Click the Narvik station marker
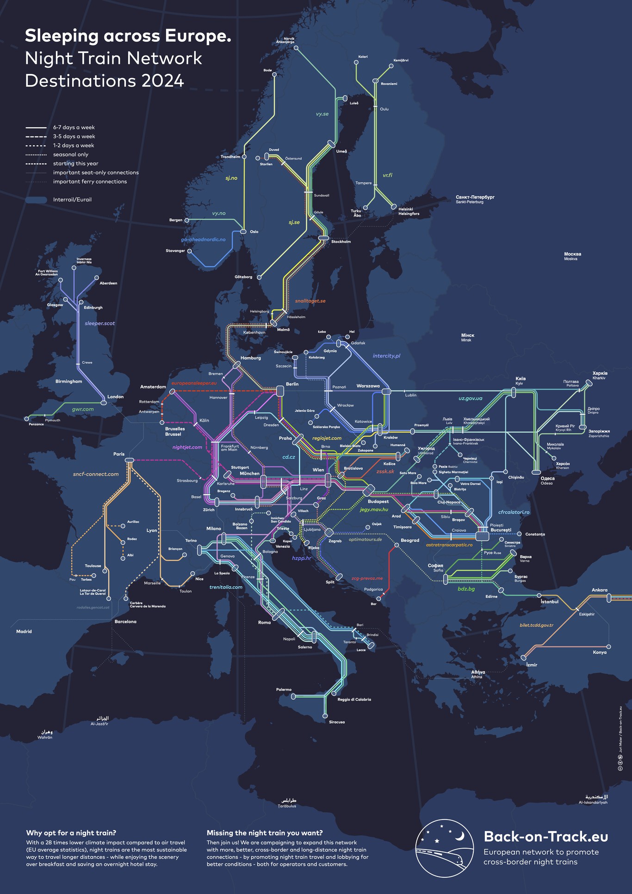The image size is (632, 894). click(296, 48)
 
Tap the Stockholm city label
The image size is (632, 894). click(341, 242)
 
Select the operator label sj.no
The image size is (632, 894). click(231, 178)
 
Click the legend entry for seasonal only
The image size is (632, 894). click(70, 155)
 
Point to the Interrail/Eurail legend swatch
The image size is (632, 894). click(36, 200)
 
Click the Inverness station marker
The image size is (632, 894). click(74, 267)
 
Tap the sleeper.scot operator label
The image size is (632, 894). click(99, 323)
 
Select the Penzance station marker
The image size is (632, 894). click(26, 419)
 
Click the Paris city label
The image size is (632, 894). click(119, 454)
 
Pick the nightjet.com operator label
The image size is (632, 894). click(187, 447)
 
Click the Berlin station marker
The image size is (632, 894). click(280, 391)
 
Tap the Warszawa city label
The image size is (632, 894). click(368, 386)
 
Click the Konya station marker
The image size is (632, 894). click(608, 646)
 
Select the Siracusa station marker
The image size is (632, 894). click(325, 716)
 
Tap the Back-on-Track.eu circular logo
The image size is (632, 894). click(444, 848)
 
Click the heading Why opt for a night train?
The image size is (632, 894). click(71, 833)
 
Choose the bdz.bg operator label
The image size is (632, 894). click(466, 589)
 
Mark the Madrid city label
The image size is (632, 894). click(24, 632)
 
